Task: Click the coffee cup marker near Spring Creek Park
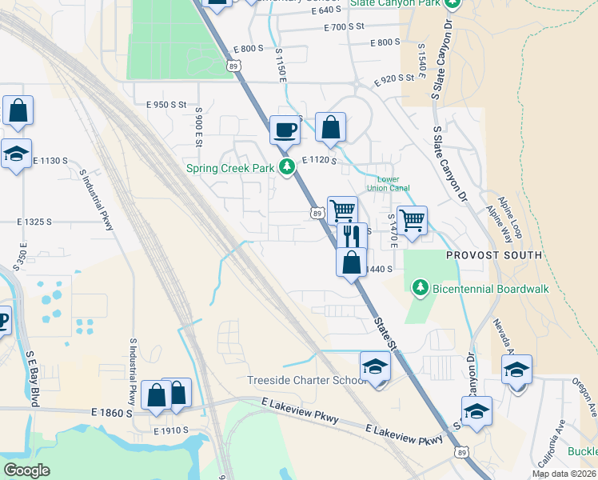tap(285, 129)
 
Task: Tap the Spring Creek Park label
tap(230, 168)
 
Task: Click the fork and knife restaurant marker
tap(351, 235)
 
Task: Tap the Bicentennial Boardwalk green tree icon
tap(419, 287)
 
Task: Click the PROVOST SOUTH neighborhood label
tap(495, 255)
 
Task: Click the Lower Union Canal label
tap(382, 184)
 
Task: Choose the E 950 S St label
tap(165, 105)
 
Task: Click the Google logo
tap(27, 470)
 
